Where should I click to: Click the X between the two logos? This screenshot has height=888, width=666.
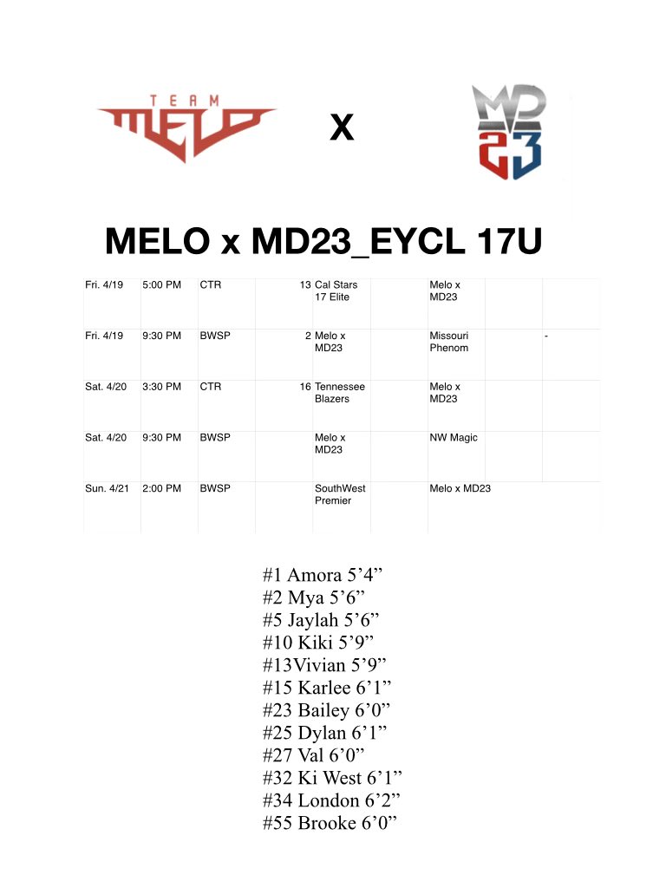tap(342, 129)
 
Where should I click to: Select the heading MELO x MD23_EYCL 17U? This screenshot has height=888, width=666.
tap(323, 240)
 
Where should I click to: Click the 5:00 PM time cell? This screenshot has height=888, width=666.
tap(161, 284)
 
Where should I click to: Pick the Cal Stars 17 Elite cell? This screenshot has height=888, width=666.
tap(336, 291)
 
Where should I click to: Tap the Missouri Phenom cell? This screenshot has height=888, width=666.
tap(448, 342)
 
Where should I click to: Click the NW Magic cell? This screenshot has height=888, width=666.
tap(454, 438)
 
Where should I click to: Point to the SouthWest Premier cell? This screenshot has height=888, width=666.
tap(340, 494)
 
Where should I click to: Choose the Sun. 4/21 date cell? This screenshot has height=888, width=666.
tap(107, 489)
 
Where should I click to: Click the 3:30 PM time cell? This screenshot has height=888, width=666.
tap(161, 387)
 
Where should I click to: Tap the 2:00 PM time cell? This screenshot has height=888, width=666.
tap(161, 489)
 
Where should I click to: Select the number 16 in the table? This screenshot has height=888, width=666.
tap(305, 387)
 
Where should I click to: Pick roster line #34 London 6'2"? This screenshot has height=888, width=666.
tap(330, 800)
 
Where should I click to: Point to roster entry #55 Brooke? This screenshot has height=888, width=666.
tap(330, 823)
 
